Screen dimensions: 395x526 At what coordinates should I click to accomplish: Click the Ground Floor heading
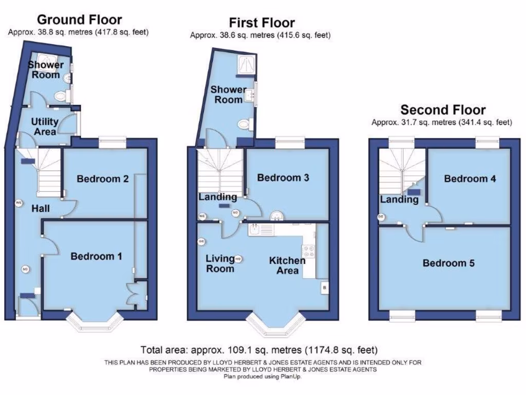pyautogui.click(x=79, y=20)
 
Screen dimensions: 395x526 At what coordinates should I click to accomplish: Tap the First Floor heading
pyautogui.click(x=261, y=23)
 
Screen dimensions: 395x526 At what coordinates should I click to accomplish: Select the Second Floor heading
pyautogui.click(x=443, y=110)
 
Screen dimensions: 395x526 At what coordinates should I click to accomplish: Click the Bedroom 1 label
pyautogui.click(x=96, y=256)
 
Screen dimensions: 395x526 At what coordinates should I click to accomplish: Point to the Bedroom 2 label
pyautogui.click(x=103, y=179)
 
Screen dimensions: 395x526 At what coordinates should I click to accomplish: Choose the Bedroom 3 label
pyautogui.click(x=283, y=178)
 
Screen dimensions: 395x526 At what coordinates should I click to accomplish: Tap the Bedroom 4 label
pyautogui.click(x=470, y=179)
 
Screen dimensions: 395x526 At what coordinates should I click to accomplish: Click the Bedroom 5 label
pyautogui.click(x=448, y=263)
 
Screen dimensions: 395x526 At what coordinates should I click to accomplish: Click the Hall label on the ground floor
pyautogui.click(x=41, y=208)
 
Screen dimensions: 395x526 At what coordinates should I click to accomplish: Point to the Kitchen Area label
pyautogui.click(x=287, y=265)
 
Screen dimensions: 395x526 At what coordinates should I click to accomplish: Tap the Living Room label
pyautogui.click(x=220, y=263)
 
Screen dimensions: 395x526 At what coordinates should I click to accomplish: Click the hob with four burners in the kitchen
pyautogui.click(x=309, y=252)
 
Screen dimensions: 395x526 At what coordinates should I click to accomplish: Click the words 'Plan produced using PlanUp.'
pyautogui.click(x=262, y=376)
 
